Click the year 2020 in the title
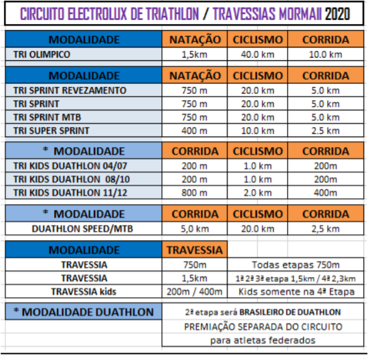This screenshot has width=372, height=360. pyautogui.click(x=337, y=14)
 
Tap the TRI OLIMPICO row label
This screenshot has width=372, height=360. pyautogui.click(x=41, y=54)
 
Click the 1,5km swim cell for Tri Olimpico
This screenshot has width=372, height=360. pyautogui.click(x=194, y=55)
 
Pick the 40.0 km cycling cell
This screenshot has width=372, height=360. pyautogui.click(x=258, y=55)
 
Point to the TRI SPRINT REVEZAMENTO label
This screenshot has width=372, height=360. pyautogui.click(x=70, y=90)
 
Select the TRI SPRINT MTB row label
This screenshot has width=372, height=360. pyautogui.click(x=48, y=117)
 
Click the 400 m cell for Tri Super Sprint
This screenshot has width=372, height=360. pyautogui.click(x=194, y=130)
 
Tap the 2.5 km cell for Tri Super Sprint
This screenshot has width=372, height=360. pyautogui.click(x=325, y=130)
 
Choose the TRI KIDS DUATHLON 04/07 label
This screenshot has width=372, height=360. pyautogui.click(x=70, y=166)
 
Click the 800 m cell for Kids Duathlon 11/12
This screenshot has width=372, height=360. pyautogui.click(x=194, y=193)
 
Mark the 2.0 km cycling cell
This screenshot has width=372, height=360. pyautogui.click(x=258, y=193)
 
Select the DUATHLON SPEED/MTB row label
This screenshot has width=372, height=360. pyautogui.click(x=82, y=229)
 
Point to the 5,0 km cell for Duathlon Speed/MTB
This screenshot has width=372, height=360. pyautogui.click(x=195, y=229)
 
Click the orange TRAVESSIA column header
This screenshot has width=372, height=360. pyautogui.click(x=195, y=250)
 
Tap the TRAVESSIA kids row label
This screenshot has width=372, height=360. pyautogui.click(x=84, y=292)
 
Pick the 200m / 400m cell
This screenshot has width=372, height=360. pyautogui.click(x=195, y=292)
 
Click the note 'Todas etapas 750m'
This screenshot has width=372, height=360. pyautogui.click(x=296, y=265)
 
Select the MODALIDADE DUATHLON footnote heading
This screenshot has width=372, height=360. pyautogui.click(x=84, y=312)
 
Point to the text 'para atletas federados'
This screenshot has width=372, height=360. pyautogui.click(x=263, y=341)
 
